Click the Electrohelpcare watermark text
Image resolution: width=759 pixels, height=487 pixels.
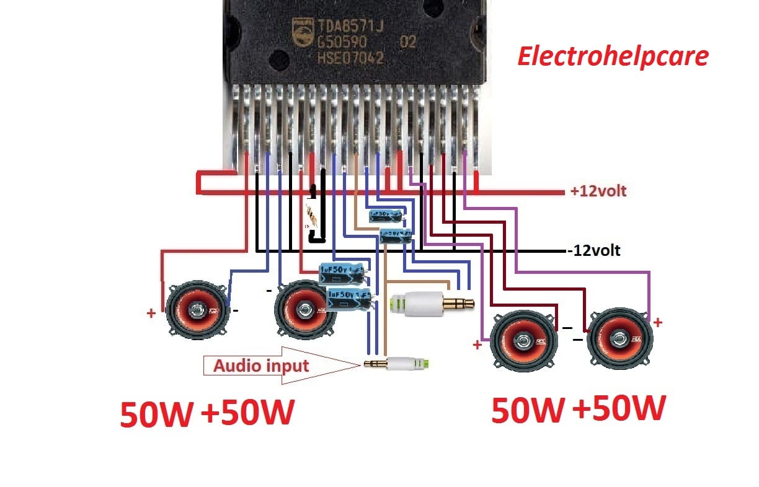click(613, 56)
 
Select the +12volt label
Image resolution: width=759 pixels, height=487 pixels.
click(598, 191)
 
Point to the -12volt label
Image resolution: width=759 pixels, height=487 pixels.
click(593, 251)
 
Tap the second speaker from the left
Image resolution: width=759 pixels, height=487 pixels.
click(304, 309)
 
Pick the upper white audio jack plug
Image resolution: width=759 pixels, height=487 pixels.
click(432, 304)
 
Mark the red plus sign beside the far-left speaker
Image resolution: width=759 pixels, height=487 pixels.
click(151, 314)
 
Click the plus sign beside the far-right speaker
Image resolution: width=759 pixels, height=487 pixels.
click(658, 322)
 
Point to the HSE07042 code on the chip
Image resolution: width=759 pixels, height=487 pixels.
click(350, 59)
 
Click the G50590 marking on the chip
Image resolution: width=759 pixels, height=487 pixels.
click(342, 43)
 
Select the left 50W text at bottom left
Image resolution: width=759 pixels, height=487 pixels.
click(156, 415)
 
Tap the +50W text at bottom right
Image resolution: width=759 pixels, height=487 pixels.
click(619, 409)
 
